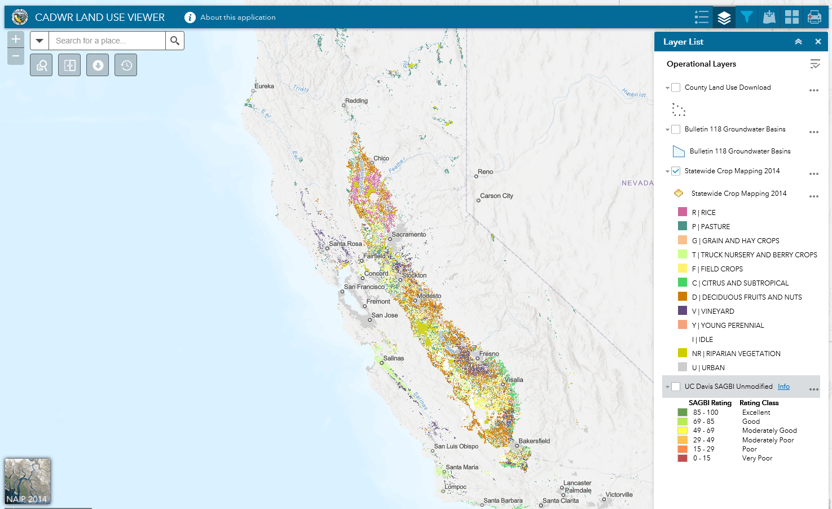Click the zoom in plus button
tap(16, 39)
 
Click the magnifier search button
tap(175, 41)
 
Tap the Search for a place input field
tap(107, 41)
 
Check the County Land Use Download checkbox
tap(676, 87)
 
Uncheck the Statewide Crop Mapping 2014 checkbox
tap(676, 171)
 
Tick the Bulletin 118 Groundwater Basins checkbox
tap(676, 129)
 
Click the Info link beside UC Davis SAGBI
tap(783, 387)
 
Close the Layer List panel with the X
tap(818, 42)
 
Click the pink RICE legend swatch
tap(683, 212)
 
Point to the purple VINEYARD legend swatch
tap(683, 311)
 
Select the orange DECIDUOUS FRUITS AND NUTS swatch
tap(683, 297)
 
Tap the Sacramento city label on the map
tap(409, 234)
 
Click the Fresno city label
tap(489, 354)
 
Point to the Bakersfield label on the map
tap(534, 441)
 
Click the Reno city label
tap(485, 172)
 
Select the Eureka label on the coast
tap(264, 86)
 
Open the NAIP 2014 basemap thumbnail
tap(28, 481)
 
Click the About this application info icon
tap(190, 17)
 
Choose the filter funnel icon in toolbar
tap(747, 17)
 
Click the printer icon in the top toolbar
tap(815, 17)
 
